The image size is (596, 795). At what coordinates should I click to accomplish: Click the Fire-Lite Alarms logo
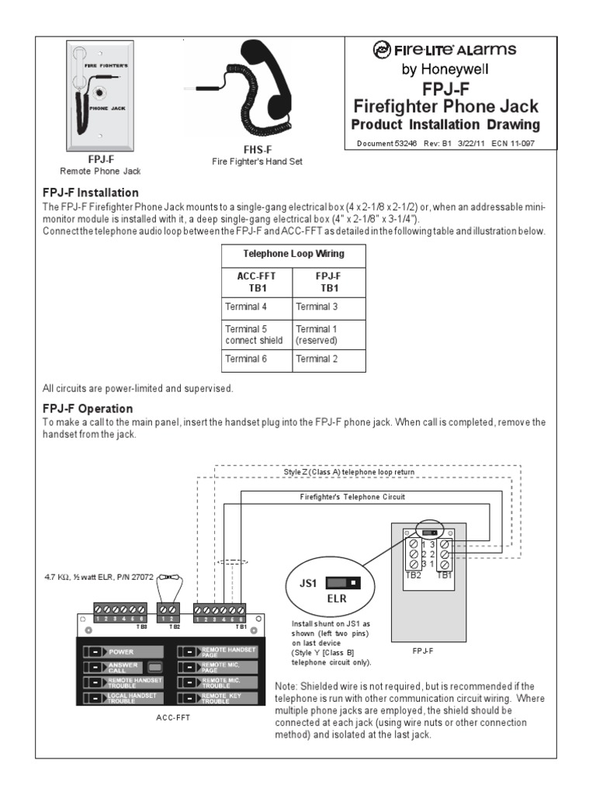click(444, 51)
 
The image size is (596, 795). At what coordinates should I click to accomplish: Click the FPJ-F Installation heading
click(91, 193)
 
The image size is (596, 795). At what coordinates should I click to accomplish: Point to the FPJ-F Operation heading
click(88, 408)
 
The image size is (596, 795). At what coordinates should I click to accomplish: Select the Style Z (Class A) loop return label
click(348, 472)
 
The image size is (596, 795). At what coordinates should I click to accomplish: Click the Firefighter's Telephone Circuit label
click(352, 496)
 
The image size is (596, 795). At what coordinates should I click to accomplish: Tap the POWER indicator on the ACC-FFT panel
click(126, 652)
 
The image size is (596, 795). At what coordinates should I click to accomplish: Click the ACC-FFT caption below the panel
click(172, 718)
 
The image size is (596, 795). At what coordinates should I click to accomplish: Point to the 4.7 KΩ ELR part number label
click(99, 578)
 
